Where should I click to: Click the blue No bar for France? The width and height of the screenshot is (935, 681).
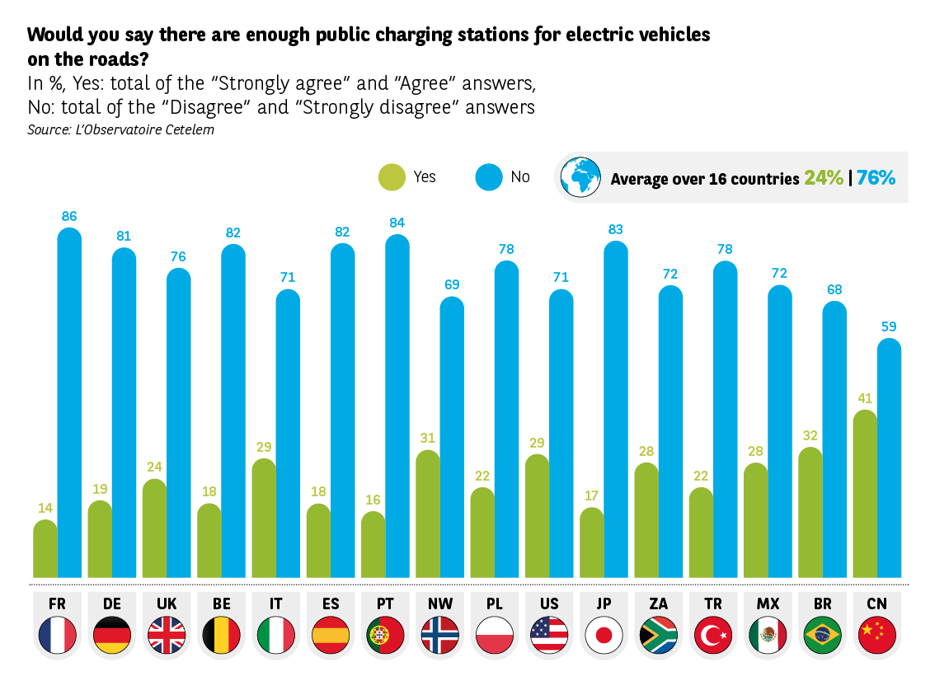pyautogui.click(x=69, y=404)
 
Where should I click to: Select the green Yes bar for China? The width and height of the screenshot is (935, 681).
pyautogui.click(x=864, y=495)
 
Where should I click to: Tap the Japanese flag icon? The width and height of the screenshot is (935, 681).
pyautogui.click(x=604, y=635)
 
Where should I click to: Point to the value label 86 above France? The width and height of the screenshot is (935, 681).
pyautogui.click(x=69, y=217)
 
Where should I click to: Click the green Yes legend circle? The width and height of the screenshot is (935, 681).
pyautogui.click(x=392, y=177)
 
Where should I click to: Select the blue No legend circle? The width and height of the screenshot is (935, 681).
pyautogui.click(x=488, y=177)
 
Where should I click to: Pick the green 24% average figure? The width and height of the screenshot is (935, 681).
pyautogui.click(x=824, y=178)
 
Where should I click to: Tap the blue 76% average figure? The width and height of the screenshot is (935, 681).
pyautogui.click(x=876, y=178)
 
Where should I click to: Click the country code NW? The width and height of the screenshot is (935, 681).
pyautogui.click(x=439, y=604)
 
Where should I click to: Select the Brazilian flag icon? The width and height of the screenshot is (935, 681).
pyautogui.click(x=822, y=635)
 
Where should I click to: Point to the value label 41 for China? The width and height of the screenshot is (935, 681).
pyautogui.click(x=864, y=398)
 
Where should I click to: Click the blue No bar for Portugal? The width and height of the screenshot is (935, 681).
pyautogui.click(x=397, y=407)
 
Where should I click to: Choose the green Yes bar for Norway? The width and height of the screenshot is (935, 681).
pyautogui.click(x=427, y=514)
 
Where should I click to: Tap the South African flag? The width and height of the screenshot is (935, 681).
pyautogui.click(x=658, y=635)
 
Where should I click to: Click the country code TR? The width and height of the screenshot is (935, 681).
pyautogui.click(x=712, y=604)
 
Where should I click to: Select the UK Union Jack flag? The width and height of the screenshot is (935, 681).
pyautogui.click(x=167, y=635)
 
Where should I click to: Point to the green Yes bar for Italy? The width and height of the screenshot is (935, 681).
pyautogui.click(x=264, y=519)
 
